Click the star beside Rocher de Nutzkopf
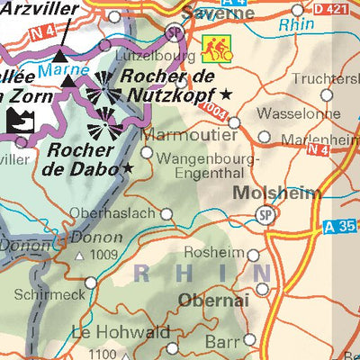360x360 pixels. coord(226,94)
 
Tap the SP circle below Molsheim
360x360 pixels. coord(264,215)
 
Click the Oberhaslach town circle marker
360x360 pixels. coord(166,214)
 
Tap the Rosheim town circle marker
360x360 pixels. coord(253,256)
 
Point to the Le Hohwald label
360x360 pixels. coord(121,332)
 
